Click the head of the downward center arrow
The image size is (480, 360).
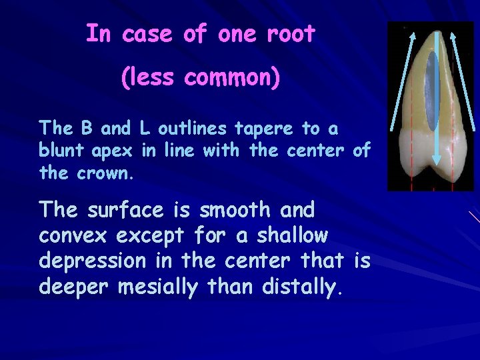pyautogui.click(x=435, y=159)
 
